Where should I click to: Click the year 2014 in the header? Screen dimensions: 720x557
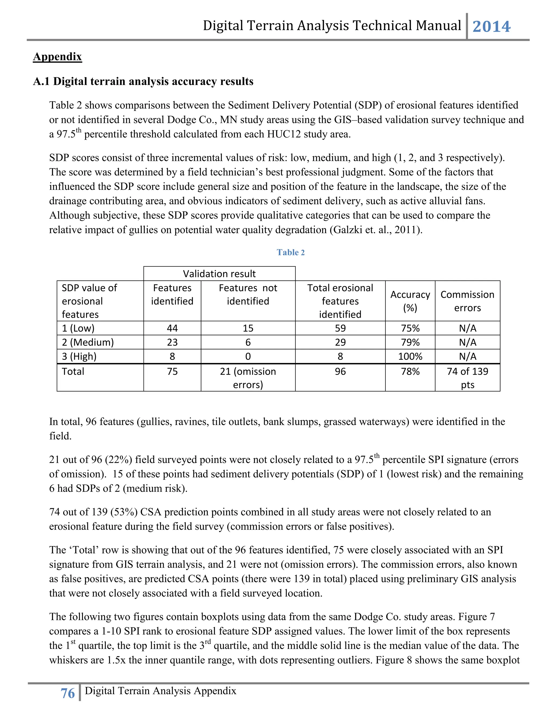pos(491,27)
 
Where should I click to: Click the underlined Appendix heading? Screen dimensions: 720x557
pos(57,57)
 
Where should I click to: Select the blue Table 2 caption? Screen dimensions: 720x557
pos(290,252)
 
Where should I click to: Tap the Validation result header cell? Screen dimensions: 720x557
pos(219,274)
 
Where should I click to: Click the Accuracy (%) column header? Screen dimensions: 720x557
pos(410,301)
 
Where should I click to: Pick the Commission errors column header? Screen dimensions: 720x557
pos(467,301)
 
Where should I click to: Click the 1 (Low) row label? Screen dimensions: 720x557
pos(78,328)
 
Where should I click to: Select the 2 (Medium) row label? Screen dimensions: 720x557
pos(88,342)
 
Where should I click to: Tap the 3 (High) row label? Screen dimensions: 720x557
pos(79,356)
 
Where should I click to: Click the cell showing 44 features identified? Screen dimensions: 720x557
pos(172,328)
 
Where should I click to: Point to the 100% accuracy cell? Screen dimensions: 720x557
pos(410,356)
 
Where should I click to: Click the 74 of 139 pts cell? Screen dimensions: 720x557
pos(467,378)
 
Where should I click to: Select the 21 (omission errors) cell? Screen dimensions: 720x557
pos(248,378)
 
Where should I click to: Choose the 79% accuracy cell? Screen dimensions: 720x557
pos(410,342)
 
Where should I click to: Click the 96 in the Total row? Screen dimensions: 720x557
pos(340,371)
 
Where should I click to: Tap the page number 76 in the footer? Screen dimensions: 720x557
pos(68,693)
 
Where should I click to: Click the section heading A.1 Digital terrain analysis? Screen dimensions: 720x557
pos(143,82)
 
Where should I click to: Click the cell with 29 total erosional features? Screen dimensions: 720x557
pos(340,342)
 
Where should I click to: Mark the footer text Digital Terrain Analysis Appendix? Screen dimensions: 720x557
pos(160,691)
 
